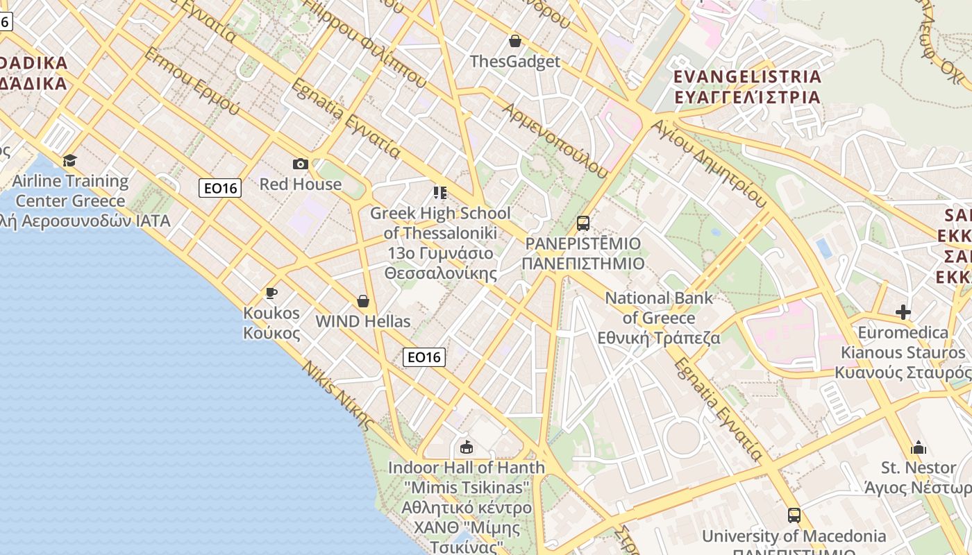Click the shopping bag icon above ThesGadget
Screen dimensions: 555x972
click(515, 41)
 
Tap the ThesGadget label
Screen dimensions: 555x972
click(515, 61)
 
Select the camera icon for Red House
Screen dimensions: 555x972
click(301, 164)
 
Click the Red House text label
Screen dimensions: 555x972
click(301, 184)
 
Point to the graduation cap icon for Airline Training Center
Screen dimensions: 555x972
click(69, 161)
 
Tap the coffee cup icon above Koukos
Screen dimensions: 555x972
click(271, 293)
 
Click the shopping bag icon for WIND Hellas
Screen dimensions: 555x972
click(362, 301)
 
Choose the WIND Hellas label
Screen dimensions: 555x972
click(362, 321)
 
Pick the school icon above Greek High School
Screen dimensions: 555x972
click(439, 192)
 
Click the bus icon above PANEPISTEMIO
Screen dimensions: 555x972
click(583, 223)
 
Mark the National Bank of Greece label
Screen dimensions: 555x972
click(659, 318)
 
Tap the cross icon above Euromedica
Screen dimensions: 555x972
click(903, 312)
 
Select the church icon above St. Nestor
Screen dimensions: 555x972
click(919, 447)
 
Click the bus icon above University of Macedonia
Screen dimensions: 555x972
click(794, 515)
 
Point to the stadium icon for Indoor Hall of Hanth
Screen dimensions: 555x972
click(467, 447)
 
